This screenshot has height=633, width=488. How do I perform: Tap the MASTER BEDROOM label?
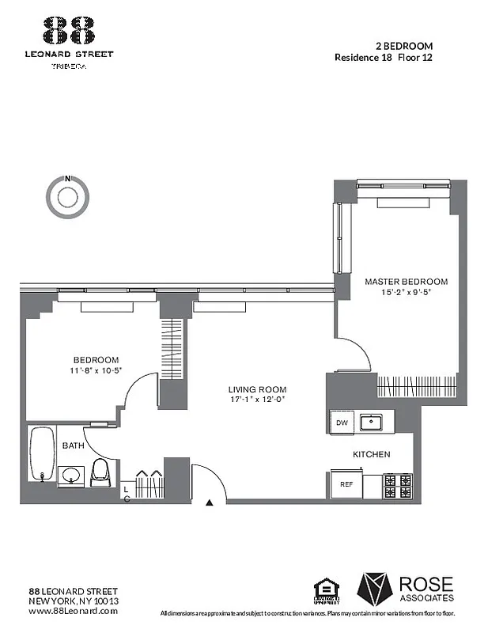coord(406,281)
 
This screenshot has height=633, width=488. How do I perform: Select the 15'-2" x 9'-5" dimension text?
coord(406,292)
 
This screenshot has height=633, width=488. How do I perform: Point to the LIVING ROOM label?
coord(257,389)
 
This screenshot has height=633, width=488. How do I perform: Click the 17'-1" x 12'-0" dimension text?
coord(257,400)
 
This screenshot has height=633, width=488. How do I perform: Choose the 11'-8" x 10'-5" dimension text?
coord(96,370)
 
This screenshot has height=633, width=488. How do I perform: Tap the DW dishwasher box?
coord(342,423)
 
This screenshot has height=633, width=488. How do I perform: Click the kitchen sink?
coord(369,423)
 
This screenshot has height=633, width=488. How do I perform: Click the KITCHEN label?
coord(371,454)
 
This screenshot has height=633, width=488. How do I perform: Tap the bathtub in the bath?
coord(40,455)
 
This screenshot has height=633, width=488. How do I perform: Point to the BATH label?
coord(74,445)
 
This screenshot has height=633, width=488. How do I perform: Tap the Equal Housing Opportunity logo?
coord(325,591)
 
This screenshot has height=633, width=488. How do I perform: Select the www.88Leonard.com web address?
coord(74,611)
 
